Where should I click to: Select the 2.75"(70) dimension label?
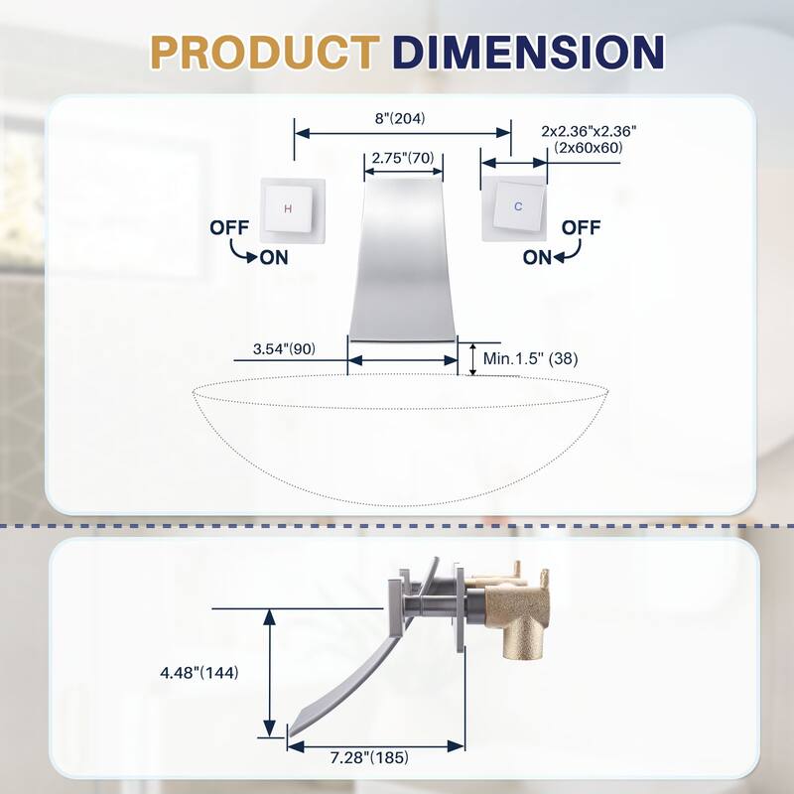[x=402, y=158]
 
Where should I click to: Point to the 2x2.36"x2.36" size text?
[x=590, y=131]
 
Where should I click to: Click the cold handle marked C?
[x=516, y=208]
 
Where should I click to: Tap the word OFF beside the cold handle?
[x=582, y=227]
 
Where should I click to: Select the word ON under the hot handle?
[x=275, y=257]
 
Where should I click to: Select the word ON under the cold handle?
[x=537, y=257]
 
